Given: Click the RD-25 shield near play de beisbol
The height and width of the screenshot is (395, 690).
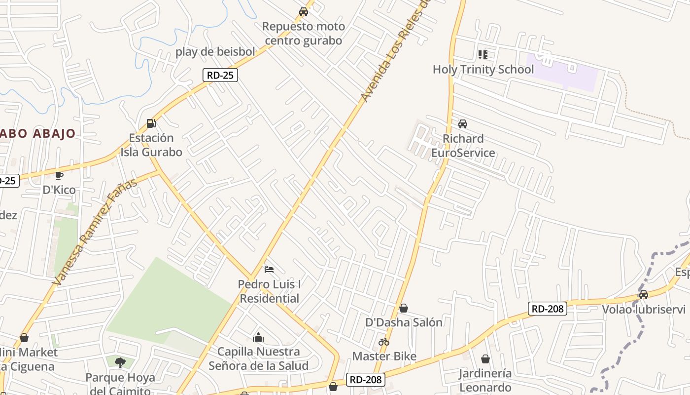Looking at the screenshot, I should pyautogui.click(x=220, y=75).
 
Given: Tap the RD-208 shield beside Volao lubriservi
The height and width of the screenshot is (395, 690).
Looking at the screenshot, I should pyautogui.click(x=547, y=309).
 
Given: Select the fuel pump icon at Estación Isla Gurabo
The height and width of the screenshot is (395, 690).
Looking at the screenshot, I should pyautogui.click(x=151, y=123).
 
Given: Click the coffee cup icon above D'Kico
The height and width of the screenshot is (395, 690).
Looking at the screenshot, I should pyautogui.click(x=59, y=175).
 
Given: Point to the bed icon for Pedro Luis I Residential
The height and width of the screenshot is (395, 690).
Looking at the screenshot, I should pyautogui.click(x=269, y=270).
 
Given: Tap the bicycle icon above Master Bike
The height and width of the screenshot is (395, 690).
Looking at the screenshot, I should pyautogui.click(x=384, y=341).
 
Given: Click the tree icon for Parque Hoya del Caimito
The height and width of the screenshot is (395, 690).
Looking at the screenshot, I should pyautogui.click(x=120, y=363).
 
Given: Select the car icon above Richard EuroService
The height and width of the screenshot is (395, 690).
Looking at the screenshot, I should pyautogui.click(x=462, y=123).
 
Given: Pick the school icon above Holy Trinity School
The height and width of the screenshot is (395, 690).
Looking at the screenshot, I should pyautogui.click(x=483, y=54).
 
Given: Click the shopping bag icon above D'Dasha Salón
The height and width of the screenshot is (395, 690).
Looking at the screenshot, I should pyautogui.click(x=404, y=308).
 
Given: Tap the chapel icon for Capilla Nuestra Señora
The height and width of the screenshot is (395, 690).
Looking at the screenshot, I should pyautogui.click(x=258, y=337).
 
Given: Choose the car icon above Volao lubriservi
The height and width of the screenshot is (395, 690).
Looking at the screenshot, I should pyautogui.click(x=643, y=295).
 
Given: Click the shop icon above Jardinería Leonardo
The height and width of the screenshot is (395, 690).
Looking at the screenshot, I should pyautogui.click(x=485, y=359).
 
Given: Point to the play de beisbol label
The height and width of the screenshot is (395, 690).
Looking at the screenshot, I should pyautogui.click(x=215, y=51).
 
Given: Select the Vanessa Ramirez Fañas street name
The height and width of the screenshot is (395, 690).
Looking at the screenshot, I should pyautogui.click(x=95, y=232).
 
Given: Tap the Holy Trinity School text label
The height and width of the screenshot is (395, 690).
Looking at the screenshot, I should pyautogui.click(x=483, y=69).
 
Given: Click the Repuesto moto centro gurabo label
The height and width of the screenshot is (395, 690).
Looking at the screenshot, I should pyautogui.click(x=304, y=33).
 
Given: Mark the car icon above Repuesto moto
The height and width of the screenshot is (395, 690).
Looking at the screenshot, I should pyautogui.click(x=304, y=11).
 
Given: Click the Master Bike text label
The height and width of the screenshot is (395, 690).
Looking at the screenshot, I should pyautogui.click(x=384, y=356).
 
